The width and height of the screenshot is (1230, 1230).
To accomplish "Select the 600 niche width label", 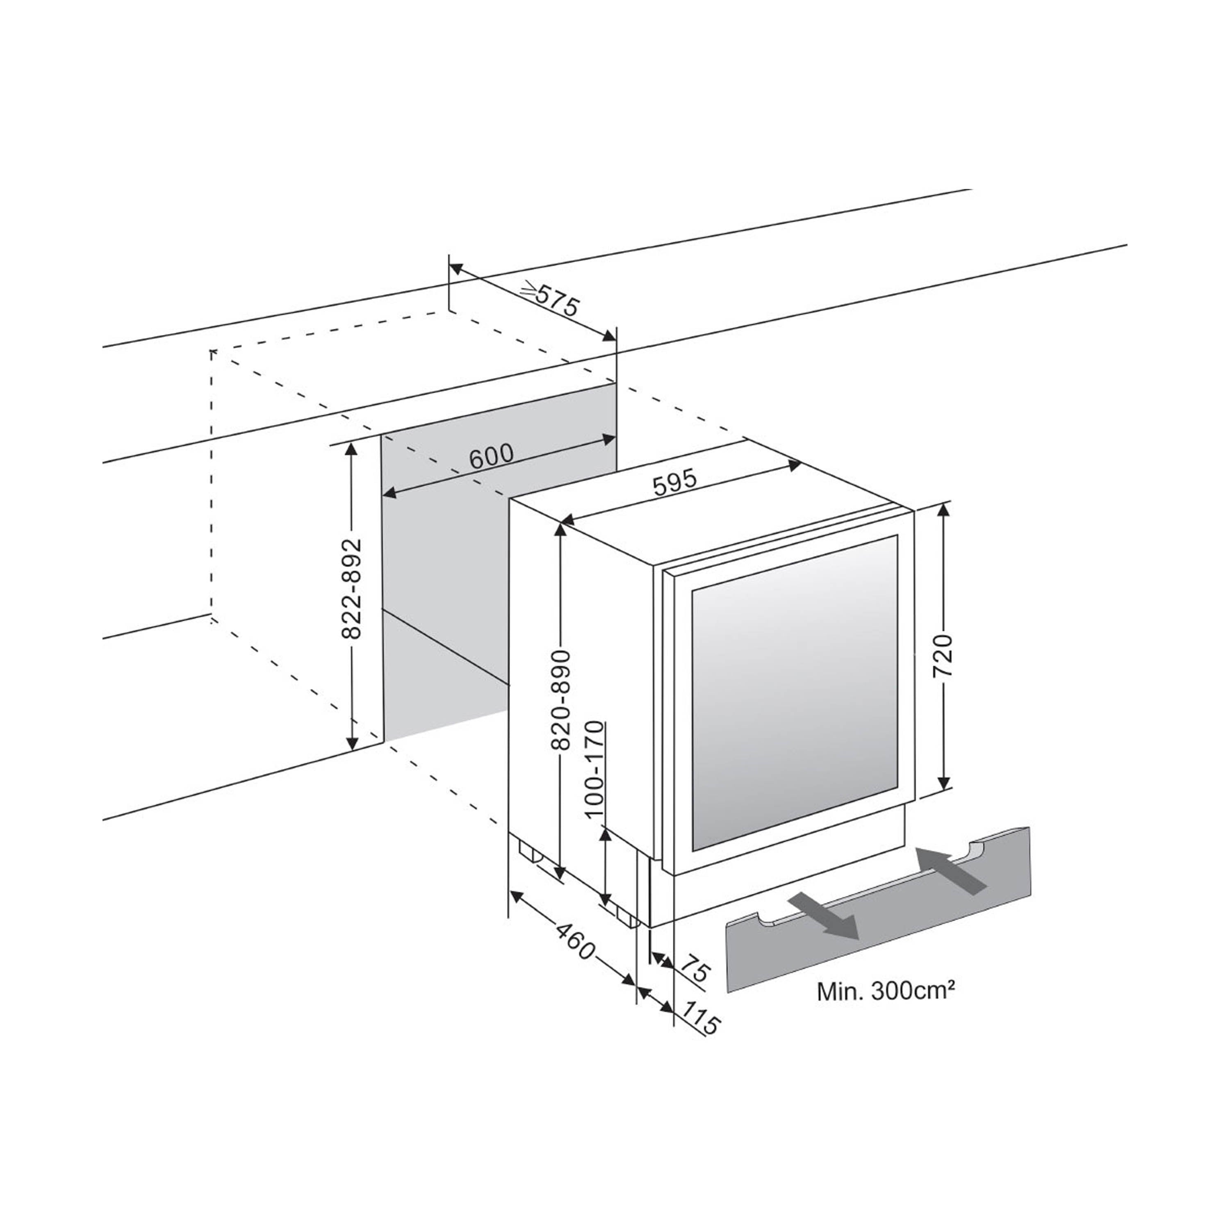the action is coord(491,456).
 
